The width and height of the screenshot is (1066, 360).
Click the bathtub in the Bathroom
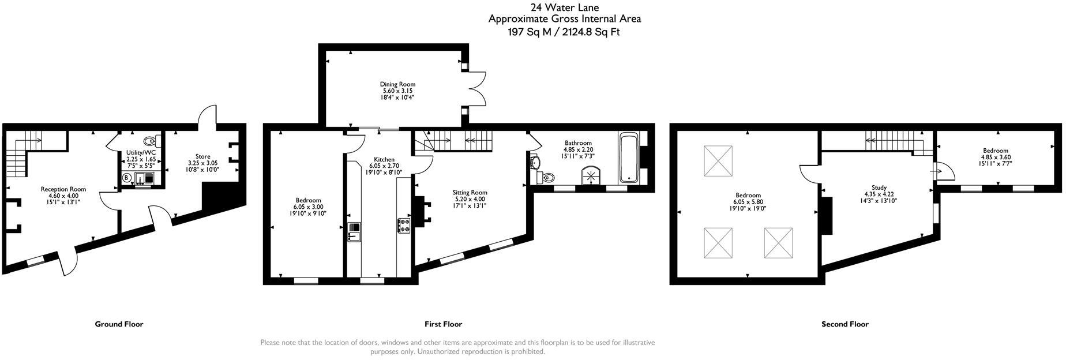click(x=628, y=157)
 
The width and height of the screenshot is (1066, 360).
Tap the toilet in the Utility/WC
click(x=149, y=140)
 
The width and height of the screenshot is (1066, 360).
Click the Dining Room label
click(x=397, y=84)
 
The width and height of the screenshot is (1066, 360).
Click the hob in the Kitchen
click(x=404, y=226)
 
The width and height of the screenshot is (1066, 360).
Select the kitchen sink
click(x=354, y=232)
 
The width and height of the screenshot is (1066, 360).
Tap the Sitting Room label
click(x=470, y=193)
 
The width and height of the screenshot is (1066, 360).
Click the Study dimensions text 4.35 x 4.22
click(x=879, y=194)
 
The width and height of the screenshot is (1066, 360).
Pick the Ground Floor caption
click(x=119, y=324)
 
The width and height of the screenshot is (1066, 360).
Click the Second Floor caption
click(x=844, y=324)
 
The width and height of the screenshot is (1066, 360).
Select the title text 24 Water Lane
click(x=556, y=7)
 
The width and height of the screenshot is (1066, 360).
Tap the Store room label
click(x=202, y=156)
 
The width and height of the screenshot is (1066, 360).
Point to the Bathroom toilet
click(x=547, y=177)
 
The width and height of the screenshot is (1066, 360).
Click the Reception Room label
click(x=63, y=189)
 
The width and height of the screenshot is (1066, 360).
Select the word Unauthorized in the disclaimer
click(x=440, y=351)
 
